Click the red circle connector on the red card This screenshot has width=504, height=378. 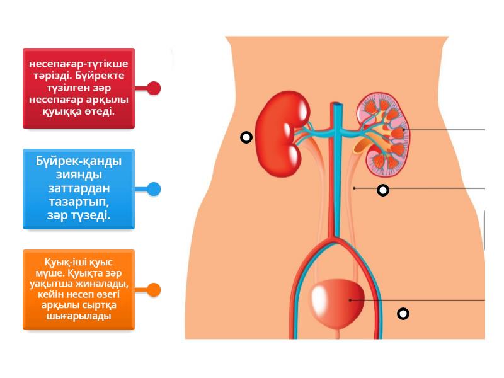click(x=153, y=88)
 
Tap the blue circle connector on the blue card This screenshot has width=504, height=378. click(x=153, y=189)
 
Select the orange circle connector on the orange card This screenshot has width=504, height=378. click(x=153, y=290)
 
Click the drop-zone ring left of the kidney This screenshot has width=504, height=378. click(x=246, y=137)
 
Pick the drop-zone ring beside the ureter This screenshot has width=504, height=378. click(x=383, y=190)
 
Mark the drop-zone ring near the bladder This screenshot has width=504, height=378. click(x=403, y=314)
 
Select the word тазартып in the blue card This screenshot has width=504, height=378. click(x=79, y=202)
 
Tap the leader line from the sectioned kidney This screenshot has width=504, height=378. click(x=447, y=130)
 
